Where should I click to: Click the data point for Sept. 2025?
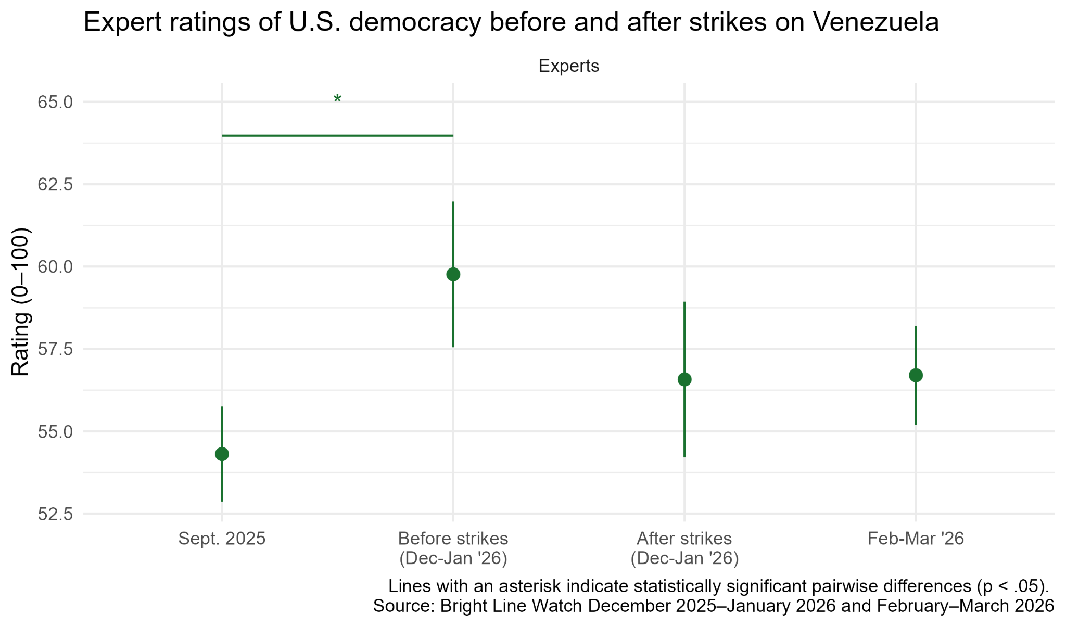click(222, 454)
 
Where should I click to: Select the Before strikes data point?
click(453, 274)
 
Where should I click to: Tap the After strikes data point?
click(684, 379)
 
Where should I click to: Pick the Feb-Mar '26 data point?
click(916, 375)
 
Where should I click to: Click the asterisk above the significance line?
click(337, 99)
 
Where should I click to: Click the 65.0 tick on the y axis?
click(55, 102)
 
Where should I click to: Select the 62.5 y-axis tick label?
click(55, 184)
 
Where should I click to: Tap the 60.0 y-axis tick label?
click(55, 267)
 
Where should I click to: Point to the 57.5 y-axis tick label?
click(55, 349)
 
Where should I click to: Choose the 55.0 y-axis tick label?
click(55, 431)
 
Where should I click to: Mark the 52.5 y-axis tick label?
click(55, 514)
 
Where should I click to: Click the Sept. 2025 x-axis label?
click(222, 539)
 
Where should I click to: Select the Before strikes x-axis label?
click(453, 548)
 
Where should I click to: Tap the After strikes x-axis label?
click(684, 548)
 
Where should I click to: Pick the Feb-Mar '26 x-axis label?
click(916, 539)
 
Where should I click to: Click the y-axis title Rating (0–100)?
click(21, 302)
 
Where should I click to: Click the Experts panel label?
click(568, 66)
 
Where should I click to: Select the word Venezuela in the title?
click(875, 22)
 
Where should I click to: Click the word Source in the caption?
click(403, 606)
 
